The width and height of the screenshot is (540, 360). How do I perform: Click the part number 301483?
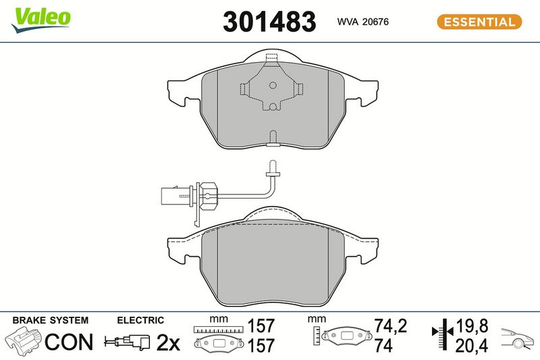[x=269, y=22]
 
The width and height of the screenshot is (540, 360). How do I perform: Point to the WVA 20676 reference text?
[x=362, y=22]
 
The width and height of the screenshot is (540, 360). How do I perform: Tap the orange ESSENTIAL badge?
[x=479, y=22]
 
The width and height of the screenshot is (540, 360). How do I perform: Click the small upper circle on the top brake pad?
[x=273, y=85]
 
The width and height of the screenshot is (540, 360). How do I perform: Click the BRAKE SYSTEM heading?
[x=50, y=320]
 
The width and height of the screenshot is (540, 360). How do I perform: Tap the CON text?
[x=69, y=342]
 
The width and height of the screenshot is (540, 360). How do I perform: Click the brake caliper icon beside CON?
[x=24, y=341]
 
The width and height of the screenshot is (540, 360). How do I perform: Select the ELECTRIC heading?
[x=140, y=320]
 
